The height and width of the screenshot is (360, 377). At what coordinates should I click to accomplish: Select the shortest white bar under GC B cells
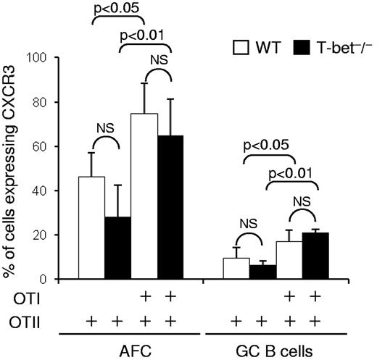[x=234, y=269]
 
